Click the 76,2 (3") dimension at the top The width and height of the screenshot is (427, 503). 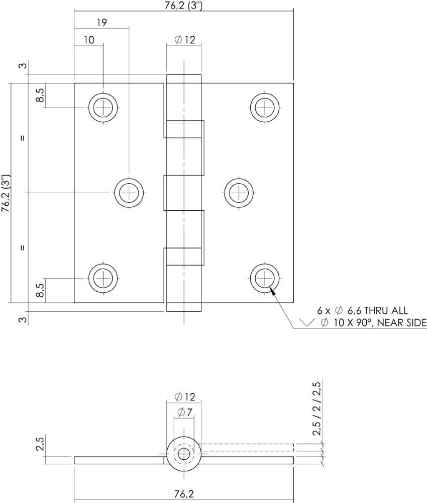184,6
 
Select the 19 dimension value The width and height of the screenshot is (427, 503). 101,23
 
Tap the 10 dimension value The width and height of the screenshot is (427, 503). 89,40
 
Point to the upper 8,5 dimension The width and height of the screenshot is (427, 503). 40,96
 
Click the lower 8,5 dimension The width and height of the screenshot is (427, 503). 40,290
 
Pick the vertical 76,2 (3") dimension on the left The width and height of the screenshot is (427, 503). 6,193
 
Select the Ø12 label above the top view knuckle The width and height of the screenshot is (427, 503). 184,40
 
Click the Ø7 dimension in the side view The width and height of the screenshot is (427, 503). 184,412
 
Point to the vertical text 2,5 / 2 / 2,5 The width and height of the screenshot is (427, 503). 317,408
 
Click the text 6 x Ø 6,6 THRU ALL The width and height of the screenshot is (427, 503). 362,311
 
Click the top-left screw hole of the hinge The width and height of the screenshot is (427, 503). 103,107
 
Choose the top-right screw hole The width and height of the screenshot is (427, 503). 265,107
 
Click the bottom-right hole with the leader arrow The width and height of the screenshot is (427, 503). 265,277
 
